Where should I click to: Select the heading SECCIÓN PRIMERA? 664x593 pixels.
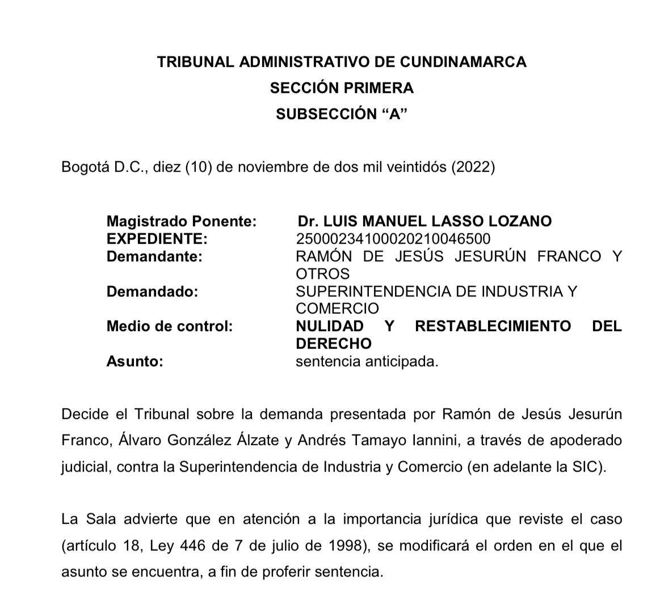[x=342, y=88]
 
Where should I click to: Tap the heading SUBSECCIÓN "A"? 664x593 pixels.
[x=342, y=114]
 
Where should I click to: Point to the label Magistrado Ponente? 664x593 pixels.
[x=182, y=221]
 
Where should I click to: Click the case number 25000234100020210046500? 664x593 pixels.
[x=393, y=239]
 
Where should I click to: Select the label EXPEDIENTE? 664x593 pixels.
[x=157, y=239]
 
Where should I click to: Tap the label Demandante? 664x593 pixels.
[x=154, y=256]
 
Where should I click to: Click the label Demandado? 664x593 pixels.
[x=153, y=291]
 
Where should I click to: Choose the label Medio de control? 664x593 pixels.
[x=170, y=327]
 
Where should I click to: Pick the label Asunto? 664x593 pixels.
[x=135, y=362]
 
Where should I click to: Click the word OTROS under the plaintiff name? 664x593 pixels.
[x=323, y=274]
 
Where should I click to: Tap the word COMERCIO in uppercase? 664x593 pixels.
[x=337, y=309]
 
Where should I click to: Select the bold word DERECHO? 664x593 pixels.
[x=334, y=344]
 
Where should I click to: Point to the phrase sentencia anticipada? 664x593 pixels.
[x=367, y=362]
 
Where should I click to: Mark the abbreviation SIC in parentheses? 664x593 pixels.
[x=586, y=467]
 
